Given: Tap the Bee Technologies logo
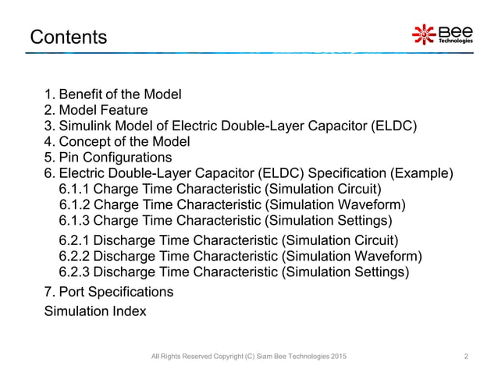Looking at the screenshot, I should [x=442, y=34].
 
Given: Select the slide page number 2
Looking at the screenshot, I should [x=466, y=357].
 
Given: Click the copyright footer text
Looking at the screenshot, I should [x=249, y=357].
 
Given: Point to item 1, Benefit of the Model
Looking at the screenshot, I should [x=112, y=94].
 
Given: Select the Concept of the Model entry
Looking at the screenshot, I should [x=117, y=142].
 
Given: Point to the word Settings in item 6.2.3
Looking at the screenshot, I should [x=379, y=272].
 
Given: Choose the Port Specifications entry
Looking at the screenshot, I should [x=109, y=292].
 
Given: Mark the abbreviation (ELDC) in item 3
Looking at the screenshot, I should [x=396, y=126].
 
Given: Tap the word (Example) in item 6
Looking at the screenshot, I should [x=422, y=173].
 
